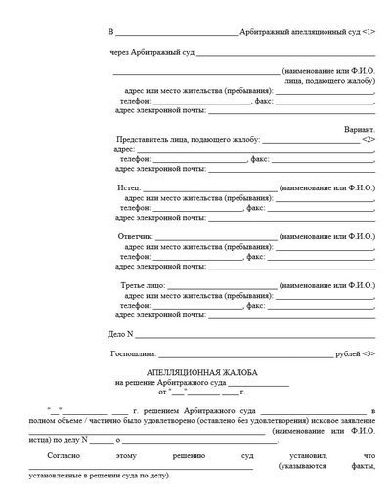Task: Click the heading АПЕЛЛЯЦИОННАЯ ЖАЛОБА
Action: [195, 373]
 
